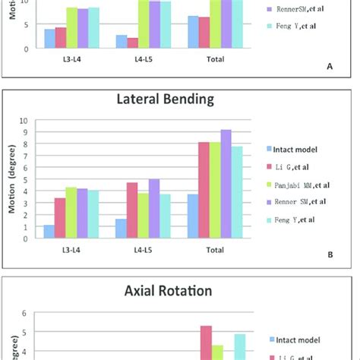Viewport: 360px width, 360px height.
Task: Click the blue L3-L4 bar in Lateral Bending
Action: tap(49, 231)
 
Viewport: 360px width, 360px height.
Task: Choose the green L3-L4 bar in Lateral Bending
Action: tap(71, 212)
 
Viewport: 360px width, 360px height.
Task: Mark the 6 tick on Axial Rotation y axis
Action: tap(25, 312)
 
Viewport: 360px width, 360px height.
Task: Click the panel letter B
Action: tap(330, 255)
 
